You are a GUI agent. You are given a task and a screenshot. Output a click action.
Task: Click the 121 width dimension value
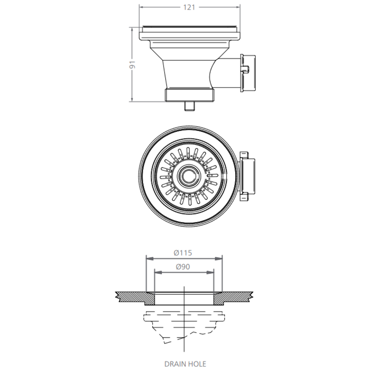(189, 8)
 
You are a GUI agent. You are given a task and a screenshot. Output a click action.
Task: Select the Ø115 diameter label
(183, 252)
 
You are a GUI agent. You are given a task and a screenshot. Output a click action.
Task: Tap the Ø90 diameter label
(183, 266)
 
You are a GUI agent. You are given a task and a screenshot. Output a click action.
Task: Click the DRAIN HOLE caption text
(185, 363)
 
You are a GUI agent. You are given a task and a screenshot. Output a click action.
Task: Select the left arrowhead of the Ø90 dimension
(157, 272)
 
